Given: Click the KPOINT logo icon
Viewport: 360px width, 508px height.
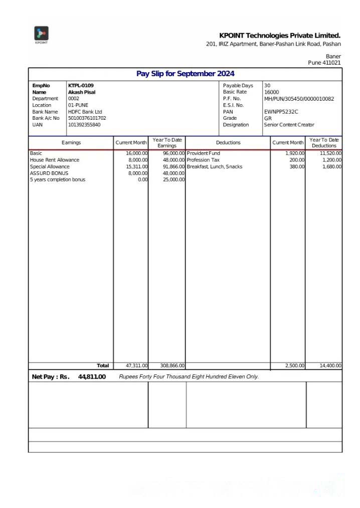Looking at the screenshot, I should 41,33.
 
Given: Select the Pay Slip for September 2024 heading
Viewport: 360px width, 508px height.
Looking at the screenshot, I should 185,74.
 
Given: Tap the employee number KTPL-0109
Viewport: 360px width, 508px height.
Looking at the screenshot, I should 81,86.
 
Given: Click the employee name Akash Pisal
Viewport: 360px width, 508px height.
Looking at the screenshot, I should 82,92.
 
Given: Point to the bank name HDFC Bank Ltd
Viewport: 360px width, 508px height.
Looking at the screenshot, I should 85,112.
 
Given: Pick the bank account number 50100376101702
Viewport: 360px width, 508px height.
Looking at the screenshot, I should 87,118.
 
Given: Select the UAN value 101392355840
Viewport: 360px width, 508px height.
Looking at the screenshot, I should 84,125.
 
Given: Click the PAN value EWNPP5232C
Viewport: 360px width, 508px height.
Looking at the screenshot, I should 281,112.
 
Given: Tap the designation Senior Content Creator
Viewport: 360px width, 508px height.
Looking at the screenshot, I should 289,125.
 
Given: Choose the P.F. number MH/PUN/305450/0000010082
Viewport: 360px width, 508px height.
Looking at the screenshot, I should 299,99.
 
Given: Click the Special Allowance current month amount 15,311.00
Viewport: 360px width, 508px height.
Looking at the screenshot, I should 136,166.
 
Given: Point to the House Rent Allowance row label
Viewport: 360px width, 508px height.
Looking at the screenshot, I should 54,160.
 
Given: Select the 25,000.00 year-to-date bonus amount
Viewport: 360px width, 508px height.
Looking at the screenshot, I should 173,179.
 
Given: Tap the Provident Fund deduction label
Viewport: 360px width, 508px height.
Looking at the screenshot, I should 203,153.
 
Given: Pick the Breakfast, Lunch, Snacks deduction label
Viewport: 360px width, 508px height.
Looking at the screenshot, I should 214,166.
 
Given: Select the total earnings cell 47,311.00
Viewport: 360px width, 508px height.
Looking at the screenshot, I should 136,366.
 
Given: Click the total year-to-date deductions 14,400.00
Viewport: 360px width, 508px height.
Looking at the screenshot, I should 330,366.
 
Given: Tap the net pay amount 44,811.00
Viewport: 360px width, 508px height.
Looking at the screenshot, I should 92,377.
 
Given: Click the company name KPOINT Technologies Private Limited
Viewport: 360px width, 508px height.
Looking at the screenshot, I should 279,36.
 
